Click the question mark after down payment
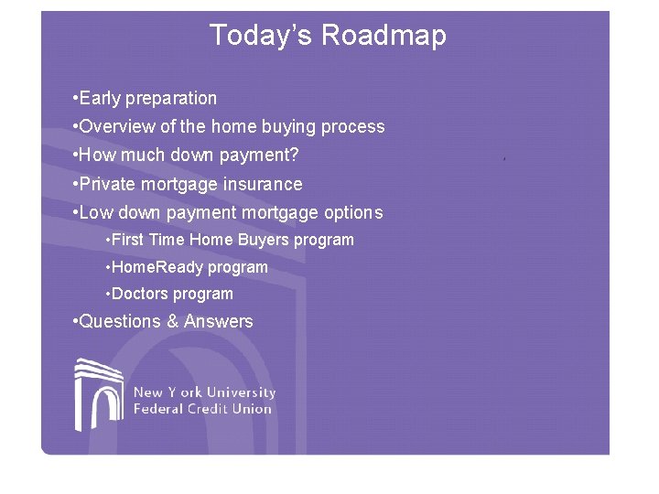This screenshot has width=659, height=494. [x=294, y=156]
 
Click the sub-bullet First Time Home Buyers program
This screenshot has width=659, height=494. [x=232, y=241]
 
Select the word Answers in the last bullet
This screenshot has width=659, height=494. [x=219, y=322]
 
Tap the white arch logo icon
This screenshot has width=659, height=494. [x=99, y=394]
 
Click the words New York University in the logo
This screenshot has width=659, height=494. [x=204, y=392]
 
